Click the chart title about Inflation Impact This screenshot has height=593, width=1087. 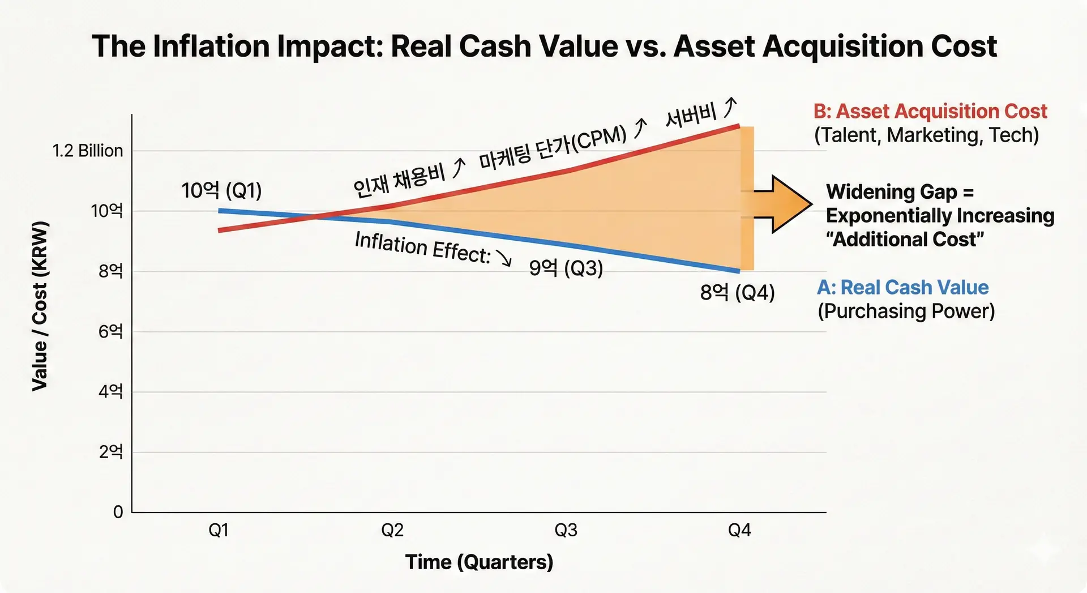pyautogui.click(x=543, y=46)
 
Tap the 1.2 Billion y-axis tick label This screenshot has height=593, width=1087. pyautogui.click(x=88, y=151)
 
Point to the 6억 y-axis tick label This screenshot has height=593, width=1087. pyautogui.click(x=110, y=331)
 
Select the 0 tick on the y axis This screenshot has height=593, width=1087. pyautogui.click(x=118, y=512)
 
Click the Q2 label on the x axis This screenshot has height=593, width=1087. pyautogui.click(x=392, y=530)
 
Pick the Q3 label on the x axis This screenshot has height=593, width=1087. pyautogui.click(x=566, y=530)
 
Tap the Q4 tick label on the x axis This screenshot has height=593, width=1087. pyautogui.click(x=739, y=530)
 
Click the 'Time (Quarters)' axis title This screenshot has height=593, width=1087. pyautogui.click(x=479, y=562)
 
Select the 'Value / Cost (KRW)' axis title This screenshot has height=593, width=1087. pyautogui.click(x=40, y=306)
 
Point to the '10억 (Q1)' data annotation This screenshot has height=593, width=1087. pyautogui.click(x=221, y=190)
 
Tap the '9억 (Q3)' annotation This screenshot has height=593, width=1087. pyautogui.click(x=566, y=267)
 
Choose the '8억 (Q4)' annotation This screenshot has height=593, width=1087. pyautogui.click(x=737, y=292)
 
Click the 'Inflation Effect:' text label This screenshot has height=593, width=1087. pyautogui.click(x=422, y=248)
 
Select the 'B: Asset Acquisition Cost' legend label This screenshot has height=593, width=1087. pyautogui.click(x=930, y=112)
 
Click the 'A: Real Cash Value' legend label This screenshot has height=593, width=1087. pyautogui.click(x=902, y=287)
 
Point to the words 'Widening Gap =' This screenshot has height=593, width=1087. pyautogui.click(x=900, y=192)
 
